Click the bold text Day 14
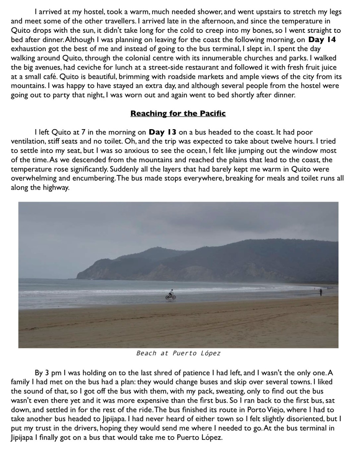(x=322, y=40)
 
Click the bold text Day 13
(x=162, y=132)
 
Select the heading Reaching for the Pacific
(x=178, y=114)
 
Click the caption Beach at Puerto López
(x=178, y=353)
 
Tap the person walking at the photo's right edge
(x=321, y=292)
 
